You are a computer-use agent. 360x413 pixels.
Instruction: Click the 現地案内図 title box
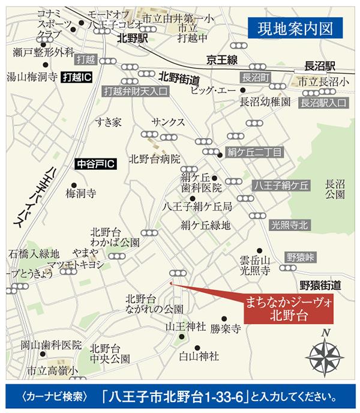[295, 28]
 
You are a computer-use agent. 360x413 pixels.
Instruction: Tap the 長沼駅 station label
[319, 63]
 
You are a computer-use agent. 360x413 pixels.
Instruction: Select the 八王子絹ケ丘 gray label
[281, 185]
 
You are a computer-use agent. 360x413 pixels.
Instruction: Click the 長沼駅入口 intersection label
[324, 103]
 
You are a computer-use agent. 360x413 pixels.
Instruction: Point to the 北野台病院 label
[155, 159]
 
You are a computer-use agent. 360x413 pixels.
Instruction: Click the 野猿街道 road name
[320, 283]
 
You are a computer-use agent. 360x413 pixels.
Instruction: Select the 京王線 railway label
[221, 59]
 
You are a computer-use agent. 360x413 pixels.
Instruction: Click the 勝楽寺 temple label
[226, 329]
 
